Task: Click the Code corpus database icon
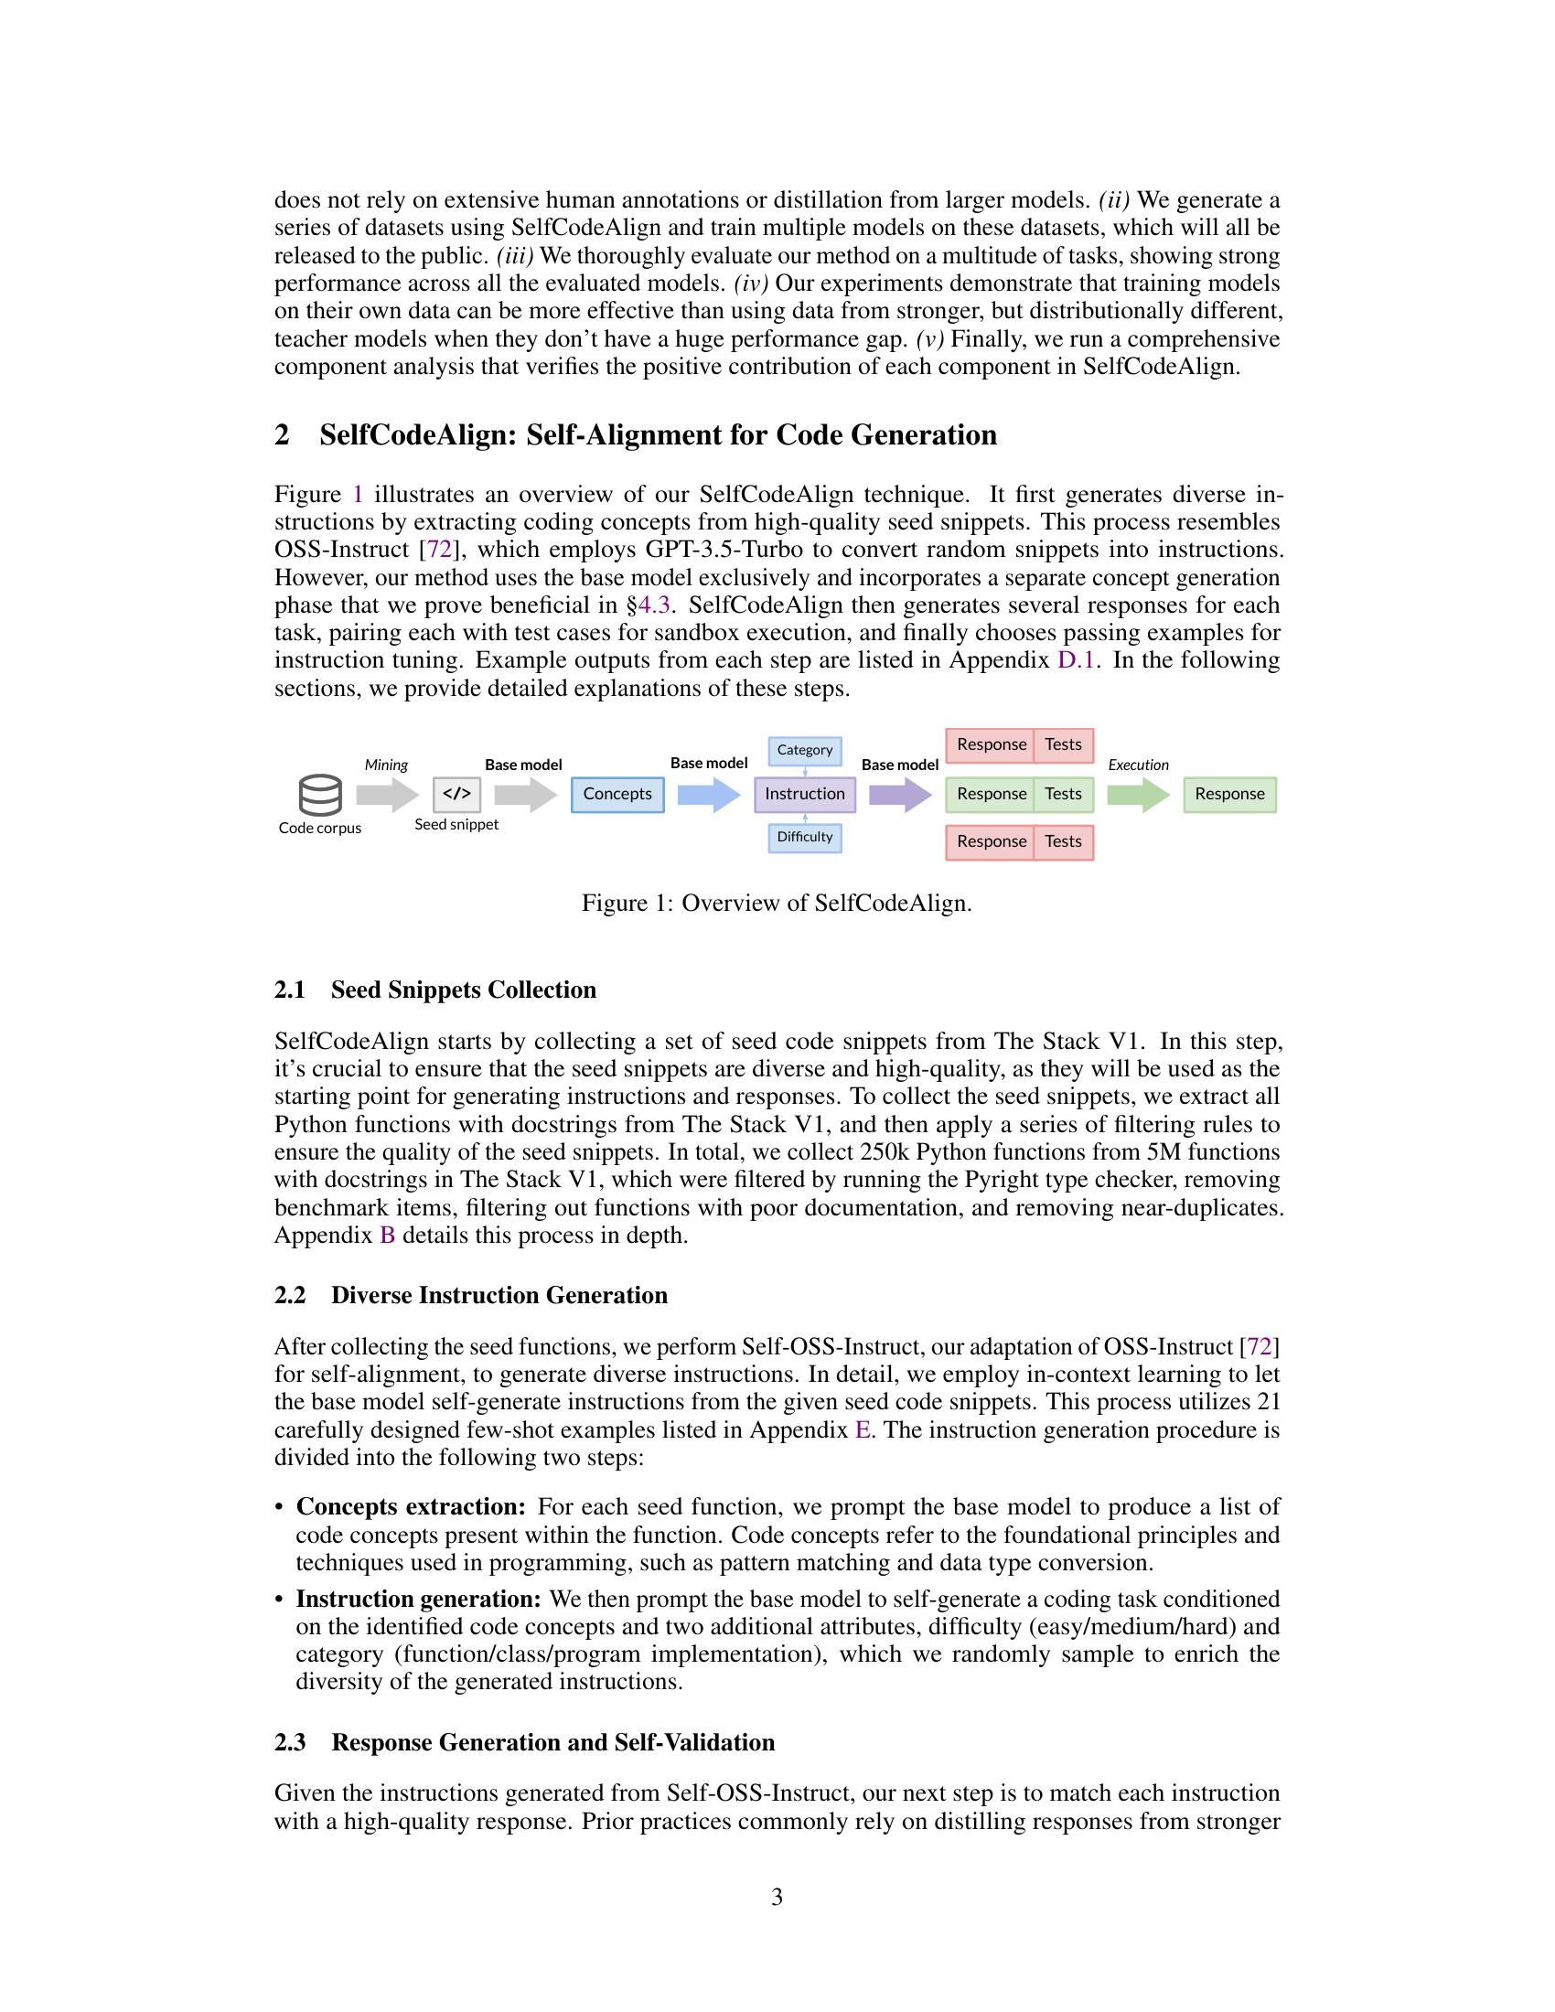coord(319,795)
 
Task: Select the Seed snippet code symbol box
coord(457,793)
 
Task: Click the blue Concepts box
coord(617,794)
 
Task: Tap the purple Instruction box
coord(804,794)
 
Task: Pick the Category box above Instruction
coord(804,750)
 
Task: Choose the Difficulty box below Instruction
coord(804,837)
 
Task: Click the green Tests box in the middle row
coord(1063,794)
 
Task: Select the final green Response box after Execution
coord(1228,794)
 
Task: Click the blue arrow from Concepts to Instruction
coord(708,794)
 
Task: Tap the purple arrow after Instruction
coord(900,794)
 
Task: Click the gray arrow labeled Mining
coord(387,794)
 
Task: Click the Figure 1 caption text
coord(777,903)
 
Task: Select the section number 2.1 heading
coord(290,990)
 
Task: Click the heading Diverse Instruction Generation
coord(499,1295)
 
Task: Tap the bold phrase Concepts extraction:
coord(411,1507)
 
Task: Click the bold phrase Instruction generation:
coord(418,1600)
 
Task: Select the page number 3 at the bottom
coord(777,1897)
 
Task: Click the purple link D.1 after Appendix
coord(1075,660)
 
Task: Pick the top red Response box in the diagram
coord(991,744)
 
